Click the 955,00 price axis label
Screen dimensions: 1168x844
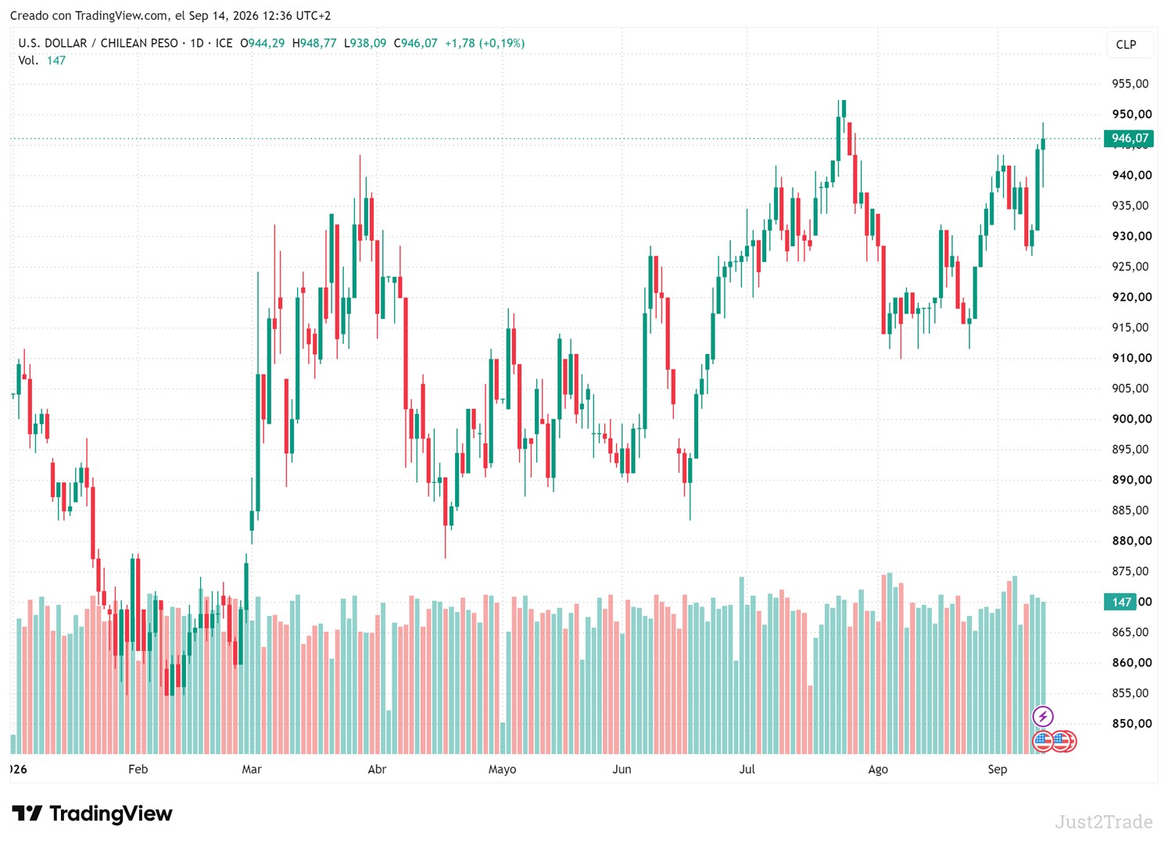click(x=1130, y=84)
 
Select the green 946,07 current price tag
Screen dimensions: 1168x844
click(x=1128, y=138)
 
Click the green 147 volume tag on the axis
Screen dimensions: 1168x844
click(x=1120, y=602)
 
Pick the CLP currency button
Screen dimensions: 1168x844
click(x=1126, y=45)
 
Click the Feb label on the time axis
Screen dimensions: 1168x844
click(x=138, y=770)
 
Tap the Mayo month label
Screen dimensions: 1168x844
click(x=502, y=770)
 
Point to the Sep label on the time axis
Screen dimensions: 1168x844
click(x=997, y=770)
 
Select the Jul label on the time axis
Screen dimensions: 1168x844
click(x=747, y=770)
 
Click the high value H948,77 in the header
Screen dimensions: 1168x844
click(x=314, y=43)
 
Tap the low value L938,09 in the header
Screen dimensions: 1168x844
click(x=365, y=43)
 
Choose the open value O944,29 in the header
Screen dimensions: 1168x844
click(x=262, y=43)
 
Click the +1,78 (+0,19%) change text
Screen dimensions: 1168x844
click(x=485, y=43)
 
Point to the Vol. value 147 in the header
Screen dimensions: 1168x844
click(x=56, y=60)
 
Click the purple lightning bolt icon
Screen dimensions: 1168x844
click(x=1042, y=717)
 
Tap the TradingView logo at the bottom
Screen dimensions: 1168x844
click(x=92, y=814)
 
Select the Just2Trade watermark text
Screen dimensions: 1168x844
click(x=1103, y=822)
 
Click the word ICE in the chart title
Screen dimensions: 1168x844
click(x=224, y=43)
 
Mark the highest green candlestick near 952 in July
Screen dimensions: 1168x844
click(x=844, y=109)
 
